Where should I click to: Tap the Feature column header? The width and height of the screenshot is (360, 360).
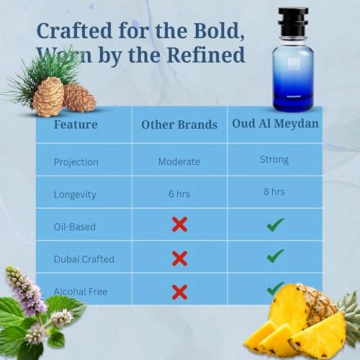(76, 125)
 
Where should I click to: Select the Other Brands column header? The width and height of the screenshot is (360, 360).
(179, 125)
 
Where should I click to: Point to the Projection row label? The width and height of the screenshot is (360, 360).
(76, 161)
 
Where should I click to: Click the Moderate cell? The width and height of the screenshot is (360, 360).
(179, 161)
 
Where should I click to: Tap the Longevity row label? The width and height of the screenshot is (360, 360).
(75, 194)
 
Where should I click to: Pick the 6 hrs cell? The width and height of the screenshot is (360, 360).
(179, 194)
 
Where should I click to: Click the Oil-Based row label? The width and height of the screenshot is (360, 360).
(74, 226)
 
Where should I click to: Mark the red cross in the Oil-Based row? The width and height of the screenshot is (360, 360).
(180, 225)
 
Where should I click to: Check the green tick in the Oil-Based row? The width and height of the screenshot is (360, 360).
(274, 225)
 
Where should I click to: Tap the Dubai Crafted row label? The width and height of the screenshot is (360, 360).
(84, 258)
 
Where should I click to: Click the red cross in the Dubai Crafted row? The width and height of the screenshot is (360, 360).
(180, 257)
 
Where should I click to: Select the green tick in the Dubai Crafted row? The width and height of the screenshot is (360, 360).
(274, 256)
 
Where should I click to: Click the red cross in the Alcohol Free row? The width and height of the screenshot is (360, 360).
(180, 292)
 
